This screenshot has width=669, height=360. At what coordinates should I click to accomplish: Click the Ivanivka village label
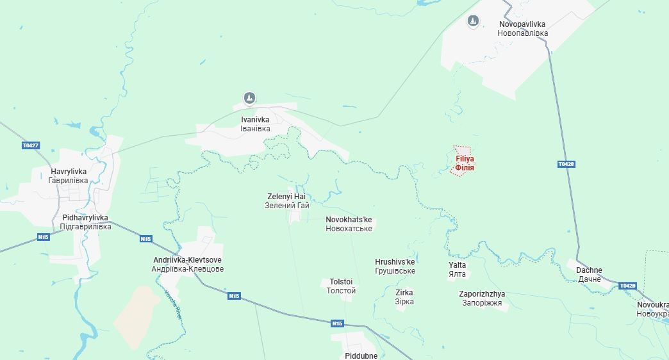point(255,124)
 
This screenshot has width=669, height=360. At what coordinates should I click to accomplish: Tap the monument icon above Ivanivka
point(250,98)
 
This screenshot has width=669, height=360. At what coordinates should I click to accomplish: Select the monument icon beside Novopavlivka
point(473,21)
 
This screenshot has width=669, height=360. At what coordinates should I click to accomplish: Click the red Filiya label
point(465,163)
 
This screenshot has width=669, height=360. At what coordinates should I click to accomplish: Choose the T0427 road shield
point(31,145)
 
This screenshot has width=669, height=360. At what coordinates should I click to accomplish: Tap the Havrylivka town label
point(68,176)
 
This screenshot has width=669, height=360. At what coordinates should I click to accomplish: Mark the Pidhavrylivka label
point(85,222)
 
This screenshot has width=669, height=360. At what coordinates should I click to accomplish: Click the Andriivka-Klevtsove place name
point(188,265)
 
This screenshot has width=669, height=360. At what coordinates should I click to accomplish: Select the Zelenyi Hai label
point(287,201)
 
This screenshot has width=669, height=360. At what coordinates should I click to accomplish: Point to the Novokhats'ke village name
point(349,224)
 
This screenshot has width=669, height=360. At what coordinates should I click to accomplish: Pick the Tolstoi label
point(341,286)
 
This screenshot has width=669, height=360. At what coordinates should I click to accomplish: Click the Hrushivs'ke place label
point(395,266)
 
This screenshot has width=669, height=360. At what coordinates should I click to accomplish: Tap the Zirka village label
point(404,297)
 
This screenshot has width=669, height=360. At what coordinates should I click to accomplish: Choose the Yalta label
point(458,269)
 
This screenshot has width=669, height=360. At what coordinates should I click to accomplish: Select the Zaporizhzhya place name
point(482,298)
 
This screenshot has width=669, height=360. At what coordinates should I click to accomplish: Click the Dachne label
point(589,275)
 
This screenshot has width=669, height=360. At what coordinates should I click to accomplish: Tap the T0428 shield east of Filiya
point(566,165)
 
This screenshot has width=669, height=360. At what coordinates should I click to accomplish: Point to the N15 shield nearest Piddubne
point(337,323)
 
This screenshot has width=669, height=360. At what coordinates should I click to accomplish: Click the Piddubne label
point(361,356)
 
